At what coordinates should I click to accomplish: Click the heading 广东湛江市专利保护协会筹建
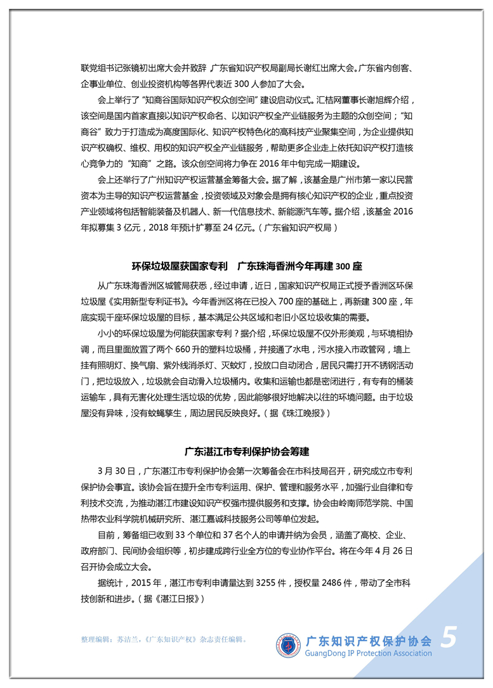click(x=246, y=452)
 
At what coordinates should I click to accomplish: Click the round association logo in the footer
click(x=288, y=644)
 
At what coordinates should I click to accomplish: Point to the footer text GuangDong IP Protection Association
click(x=368, y=653)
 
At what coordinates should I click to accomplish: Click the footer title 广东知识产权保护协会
click(x=368, y=640)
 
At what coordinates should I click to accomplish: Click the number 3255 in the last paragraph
click(x=264, y=583)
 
